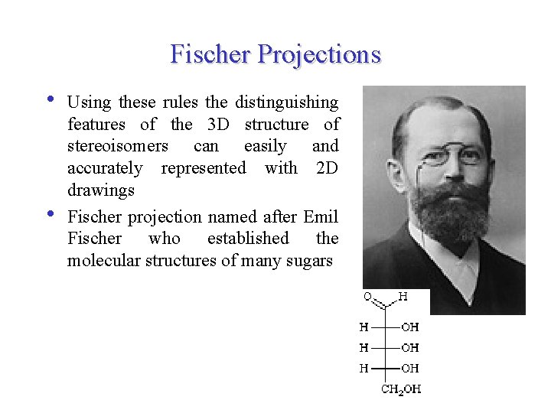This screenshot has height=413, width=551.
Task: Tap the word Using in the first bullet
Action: (x=88, y=102)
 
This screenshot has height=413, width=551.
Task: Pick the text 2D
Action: (x=327, y=167)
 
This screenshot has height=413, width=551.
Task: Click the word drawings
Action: (x=100, y=190)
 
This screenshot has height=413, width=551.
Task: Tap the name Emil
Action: (x=321, y=217)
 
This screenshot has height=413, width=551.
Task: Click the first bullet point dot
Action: (x=50, y=99)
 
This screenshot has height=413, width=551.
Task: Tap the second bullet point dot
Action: (x=50, y=214)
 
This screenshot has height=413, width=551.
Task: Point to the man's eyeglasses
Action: (x=452, y=155)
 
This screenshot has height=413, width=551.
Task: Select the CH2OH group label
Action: (x=401, y=389)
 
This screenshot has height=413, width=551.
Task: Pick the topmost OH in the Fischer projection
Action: (x=410, y=327)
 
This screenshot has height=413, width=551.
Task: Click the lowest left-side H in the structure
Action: (x=364, y=369)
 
